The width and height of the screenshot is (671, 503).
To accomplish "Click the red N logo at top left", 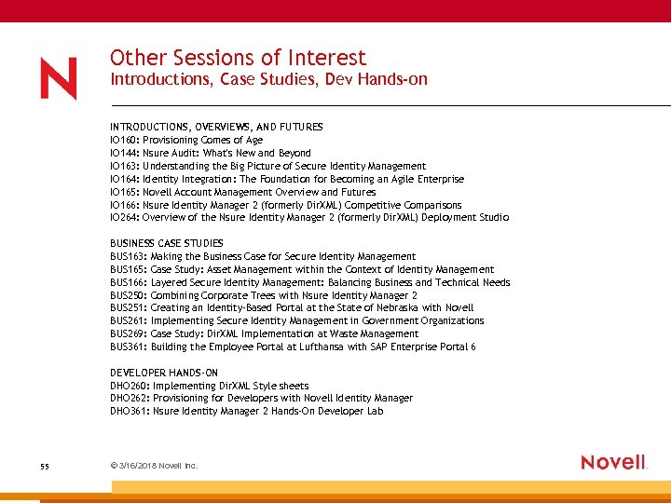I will (x=58, y=78).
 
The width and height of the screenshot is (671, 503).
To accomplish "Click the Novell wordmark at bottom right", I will (x=613, y=462).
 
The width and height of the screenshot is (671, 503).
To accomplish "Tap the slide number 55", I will (x=45, y=466).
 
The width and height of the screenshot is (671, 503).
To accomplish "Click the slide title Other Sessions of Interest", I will (x=238, y=58).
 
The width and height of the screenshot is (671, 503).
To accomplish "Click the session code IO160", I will (x=124, y=140).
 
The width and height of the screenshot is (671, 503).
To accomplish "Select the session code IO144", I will (x=124, y=153).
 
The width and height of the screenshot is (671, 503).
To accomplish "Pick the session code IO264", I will (x=124, y=218).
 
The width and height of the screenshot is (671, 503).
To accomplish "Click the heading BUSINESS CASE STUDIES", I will (x=167, y=243).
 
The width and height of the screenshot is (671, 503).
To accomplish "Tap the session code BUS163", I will (x=128, y=256).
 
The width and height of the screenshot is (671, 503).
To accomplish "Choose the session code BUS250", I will (x=128, y=295).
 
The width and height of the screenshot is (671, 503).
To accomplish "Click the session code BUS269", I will (x=128, y=333).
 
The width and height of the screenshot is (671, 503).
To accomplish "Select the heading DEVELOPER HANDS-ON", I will (x=163, y=373).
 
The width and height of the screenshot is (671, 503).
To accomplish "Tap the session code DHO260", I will (x=129, y=386).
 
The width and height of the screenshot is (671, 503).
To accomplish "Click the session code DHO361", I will (x=129, y=411).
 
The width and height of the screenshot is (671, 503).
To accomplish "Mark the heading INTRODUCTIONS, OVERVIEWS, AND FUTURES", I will (x=216, y=127).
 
